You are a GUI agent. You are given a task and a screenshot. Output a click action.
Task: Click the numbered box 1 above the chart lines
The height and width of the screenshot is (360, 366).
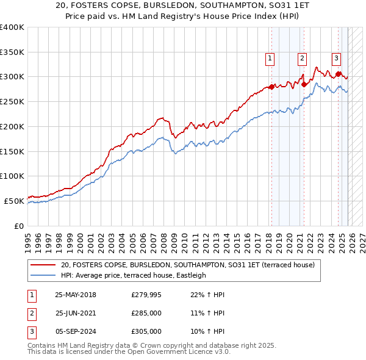270,59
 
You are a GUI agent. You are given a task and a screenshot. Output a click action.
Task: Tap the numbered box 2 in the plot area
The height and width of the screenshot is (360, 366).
302,59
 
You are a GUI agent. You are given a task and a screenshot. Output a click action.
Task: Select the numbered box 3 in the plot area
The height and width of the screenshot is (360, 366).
335,59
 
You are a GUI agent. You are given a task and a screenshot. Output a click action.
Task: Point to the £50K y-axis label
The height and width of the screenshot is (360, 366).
14,201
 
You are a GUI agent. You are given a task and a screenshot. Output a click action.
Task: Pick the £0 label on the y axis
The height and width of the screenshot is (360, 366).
19,226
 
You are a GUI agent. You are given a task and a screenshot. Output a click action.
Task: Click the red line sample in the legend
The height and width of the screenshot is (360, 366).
43,265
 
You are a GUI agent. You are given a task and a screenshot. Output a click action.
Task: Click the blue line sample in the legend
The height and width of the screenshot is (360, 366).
43,275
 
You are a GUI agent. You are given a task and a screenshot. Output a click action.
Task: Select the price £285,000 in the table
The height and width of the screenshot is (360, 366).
146,313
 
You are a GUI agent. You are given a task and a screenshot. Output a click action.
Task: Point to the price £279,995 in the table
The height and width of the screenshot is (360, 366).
146,295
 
